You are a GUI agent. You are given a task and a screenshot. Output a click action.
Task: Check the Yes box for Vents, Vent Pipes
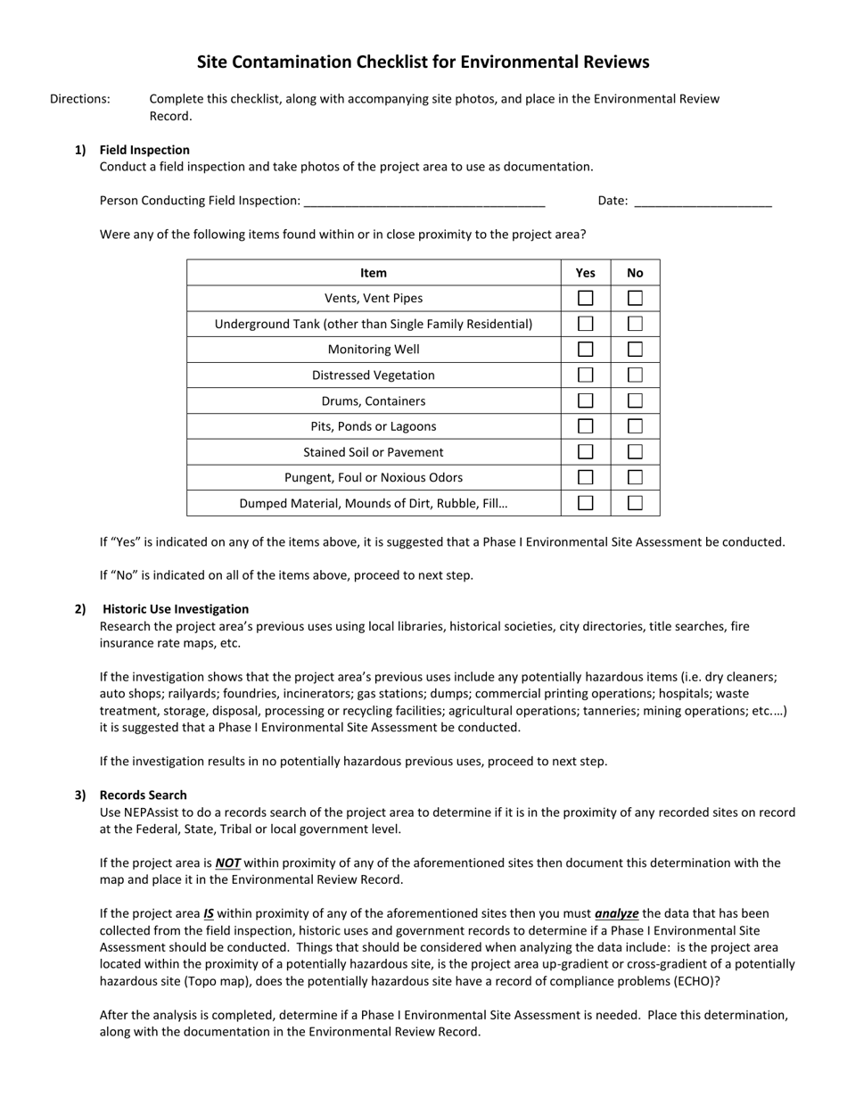click(x=586, y=298)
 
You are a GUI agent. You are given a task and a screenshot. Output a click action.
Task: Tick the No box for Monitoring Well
click(x=635, y=350)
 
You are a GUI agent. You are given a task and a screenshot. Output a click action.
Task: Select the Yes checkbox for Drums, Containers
click(x=586, y=401)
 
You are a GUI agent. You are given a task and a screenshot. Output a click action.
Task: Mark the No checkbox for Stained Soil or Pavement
click(x=635, y=452)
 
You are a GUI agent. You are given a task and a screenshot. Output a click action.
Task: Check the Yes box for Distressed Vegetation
click(x=586, y=375)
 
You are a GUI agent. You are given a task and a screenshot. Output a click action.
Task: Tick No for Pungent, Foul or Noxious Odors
click(x=635, y=477)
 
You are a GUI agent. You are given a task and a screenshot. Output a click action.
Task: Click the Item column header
click(x=374, y=273)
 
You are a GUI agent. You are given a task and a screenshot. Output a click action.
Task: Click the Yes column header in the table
click(x=586, y=273)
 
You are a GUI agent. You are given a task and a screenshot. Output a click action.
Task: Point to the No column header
click(x=635, y=273)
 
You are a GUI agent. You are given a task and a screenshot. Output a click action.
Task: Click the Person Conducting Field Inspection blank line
click(x=423, y=202)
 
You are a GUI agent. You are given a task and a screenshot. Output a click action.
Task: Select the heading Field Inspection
click(x=144, y=150)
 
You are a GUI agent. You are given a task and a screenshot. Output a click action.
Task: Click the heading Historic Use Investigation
click(x=176, y=609)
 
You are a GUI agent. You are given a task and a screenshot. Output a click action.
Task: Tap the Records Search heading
click(x=144, y=795)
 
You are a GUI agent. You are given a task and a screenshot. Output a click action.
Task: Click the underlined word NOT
click(x=228, y=863)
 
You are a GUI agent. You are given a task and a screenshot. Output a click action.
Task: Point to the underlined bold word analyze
click(x=616, y=914)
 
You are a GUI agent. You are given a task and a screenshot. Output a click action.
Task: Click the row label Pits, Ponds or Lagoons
click(x=374, y=426)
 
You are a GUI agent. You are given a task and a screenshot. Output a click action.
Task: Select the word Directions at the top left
click(x=80, y=99)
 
